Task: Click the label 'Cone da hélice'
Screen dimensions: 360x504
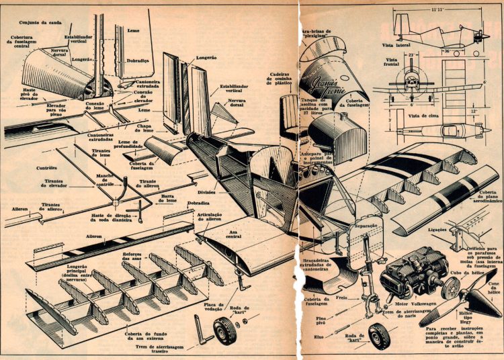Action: [493, 289]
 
